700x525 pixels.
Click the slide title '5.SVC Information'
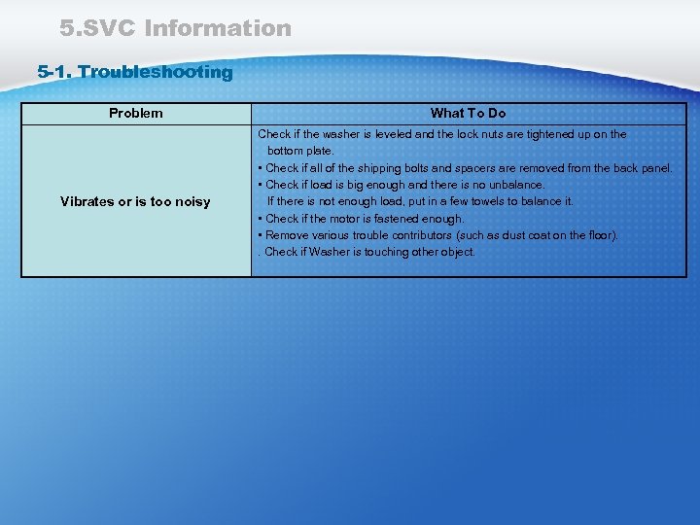click(x=175, y=28)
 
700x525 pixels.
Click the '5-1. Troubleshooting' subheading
click(x=135, y=72)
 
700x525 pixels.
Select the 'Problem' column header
click(x=136, y=114)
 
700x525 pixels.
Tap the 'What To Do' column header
click(x=469, y=114)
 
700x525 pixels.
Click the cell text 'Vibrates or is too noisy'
click(x=135, y=202)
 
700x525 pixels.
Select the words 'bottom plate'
click(x=300, y=151)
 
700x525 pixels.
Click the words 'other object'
click(x=442, y=252)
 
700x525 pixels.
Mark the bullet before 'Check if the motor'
click(x=260, y=219)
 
